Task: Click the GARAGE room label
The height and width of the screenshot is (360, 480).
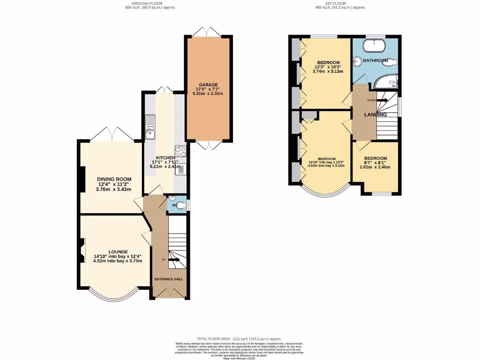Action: click(209, 85)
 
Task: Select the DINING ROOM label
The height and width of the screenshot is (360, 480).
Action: click(114, 179)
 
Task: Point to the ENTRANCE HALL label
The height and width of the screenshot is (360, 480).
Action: click(169, 279)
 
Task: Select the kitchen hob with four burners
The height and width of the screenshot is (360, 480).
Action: click(180, 151)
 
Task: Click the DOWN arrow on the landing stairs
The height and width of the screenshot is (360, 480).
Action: click(380, 100)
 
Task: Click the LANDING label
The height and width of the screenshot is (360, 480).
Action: click(376, 115)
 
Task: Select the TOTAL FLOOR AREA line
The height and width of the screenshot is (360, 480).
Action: click(240, 338)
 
